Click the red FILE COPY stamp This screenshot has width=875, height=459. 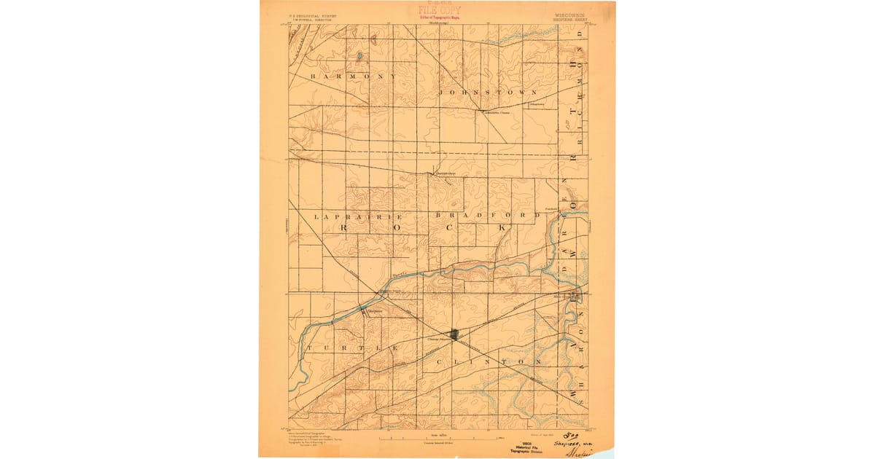tap(438, 10)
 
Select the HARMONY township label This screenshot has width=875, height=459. tap(354, 76)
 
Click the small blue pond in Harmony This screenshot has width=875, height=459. tap(359, 55)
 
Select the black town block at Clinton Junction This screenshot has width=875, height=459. tap(455, 334)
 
